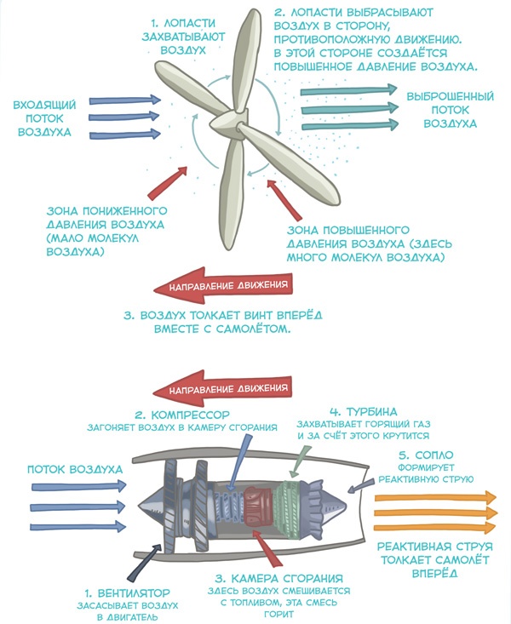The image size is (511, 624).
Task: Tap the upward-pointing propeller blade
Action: (x=251, y=51)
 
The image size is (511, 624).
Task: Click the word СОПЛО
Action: (x=439, y=455)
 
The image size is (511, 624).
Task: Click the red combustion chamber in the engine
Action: (x=255, y=508)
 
